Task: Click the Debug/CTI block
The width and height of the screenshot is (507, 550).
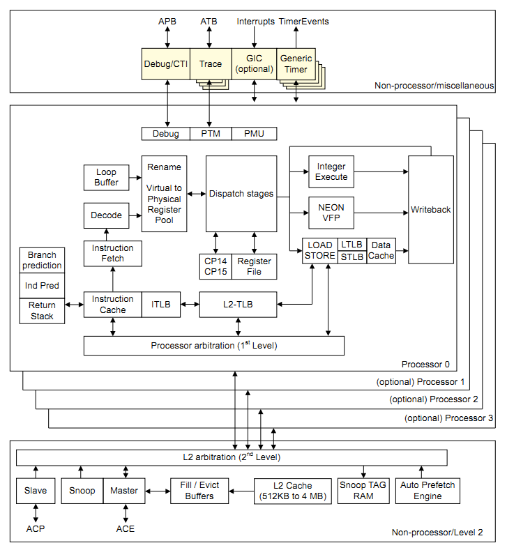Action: point(165,63)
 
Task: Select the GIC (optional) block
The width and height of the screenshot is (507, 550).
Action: point(254,63)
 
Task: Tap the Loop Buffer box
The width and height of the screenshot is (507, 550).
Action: point(106,177)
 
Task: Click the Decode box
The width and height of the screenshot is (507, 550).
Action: point(106,215)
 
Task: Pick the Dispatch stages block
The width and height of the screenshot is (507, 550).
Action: point(241,194)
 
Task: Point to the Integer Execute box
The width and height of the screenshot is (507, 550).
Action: point(331,171)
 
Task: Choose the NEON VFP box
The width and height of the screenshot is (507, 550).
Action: point(331,212)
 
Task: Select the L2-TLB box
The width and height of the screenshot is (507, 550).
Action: point(238,304)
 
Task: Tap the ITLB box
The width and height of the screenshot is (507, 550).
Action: point(161,304)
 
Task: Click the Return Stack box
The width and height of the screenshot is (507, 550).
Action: point(42,310)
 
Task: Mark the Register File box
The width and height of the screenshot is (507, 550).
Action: point(254,266)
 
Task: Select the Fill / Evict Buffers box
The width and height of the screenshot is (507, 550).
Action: point(200,490)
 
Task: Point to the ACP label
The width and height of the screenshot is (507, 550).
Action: point(36,528)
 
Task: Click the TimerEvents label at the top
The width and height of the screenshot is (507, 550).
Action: point(303,22)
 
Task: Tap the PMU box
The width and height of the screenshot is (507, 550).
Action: point(254,133)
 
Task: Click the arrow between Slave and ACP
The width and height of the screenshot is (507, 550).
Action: point(36,513)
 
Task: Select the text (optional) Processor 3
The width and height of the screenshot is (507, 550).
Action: point(448,418)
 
